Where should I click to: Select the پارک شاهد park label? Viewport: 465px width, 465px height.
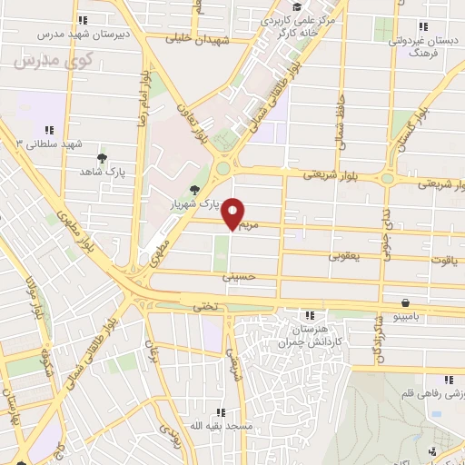[x=100, y=171]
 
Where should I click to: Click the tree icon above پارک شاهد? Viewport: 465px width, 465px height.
[x=101, y=158]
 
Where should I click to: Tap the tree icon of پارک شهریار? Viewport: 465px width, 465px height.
[x=193, y=190]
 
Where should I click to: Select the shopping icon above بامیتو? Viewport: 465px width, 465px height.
[x=406, y=303]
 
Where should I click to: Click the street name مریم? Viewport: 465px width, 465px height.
[x=250, y=223]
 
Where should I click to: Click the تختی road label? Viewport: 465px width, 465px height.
[x=204, y=307]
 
